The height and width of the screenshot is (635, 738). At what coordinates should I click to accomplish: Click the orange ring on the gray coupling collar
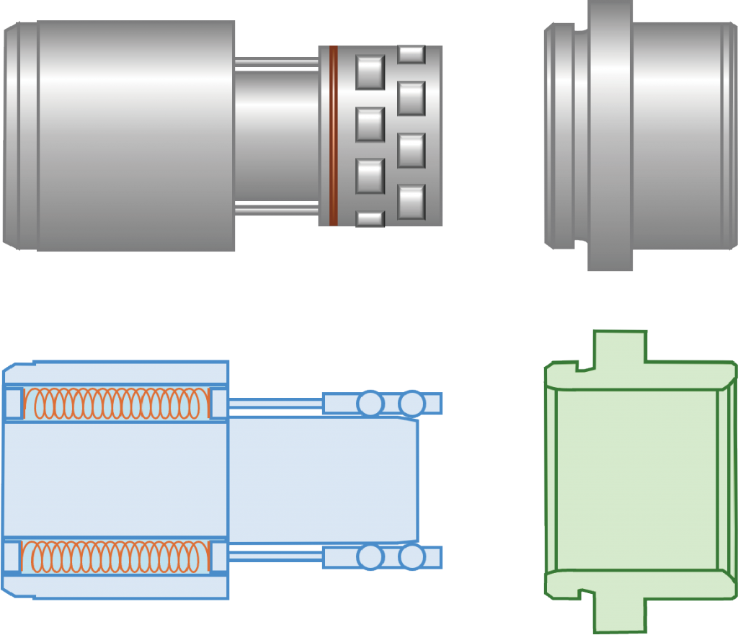[333, 136]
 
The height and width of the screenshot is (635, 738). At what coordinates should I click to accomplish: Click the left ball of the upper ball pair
[370, 403]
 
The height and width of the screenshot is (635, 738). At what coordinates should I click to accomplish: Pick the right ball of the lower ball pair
[412, 557]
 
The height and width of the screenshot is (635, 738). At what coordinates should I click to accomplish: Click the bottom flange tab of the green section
[618, 613]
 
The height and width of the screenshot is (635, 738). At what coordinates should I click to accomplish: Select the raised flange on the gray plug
[610, 136]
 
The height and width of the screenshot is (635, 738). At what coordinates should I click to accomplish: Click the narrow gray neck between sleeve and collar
[276, 136]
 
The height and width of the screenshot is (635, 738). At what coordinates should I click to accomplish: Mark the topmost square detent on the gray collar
[412, 54]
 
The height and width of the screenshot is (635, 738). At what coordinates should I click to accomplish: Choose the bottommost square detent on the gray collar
[370, 218]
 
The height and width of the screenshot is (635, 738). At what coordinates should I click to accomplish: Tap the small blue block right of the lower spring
[218, 556]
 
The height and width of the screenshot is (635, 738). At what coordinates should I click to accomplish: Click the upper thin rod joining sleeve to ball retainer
[275, 403]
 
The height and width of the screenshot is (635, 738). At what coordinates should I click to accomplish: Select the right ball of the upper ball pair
[412, 403]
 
